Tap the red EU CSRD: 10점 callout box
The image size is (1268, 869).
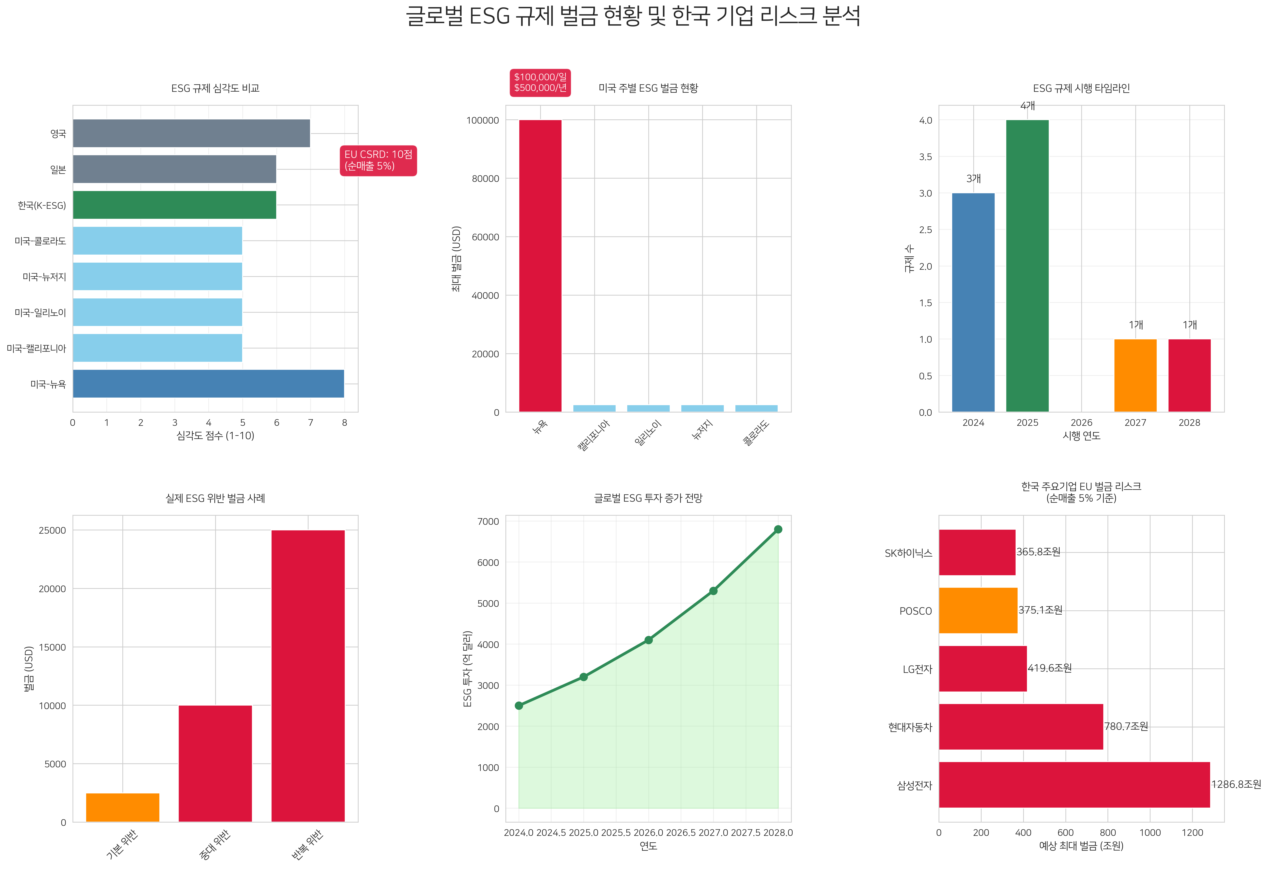click(x=378, y=160)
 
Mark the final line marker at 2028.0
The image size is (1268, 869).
click(x=778, y=529)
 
